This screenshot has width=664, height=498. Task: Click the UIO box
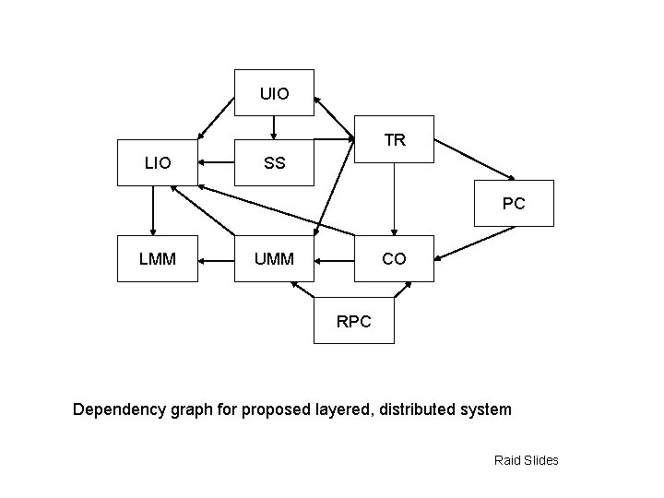pyautogui.click(x=274, y=92)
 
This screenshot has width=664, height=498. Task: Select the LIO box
pyautogui.click(x=158, y=163)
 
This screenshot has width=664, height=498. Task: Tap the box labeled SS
pyautogui.click(x=274, y=163)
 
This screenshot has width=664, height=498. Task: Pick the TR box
pyautogui.click(x=395, y=140)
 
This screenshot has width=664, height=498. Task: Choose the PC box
pyautogui.click(x=514, y=203)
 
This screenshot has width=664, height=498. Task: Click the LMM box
pyautogui.click(x=158, y=259)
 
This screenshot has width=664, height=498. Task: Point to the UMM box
pyautogui.click(x=274, y=259)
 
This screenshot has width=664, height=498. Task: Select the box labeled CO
pyautogui.click(x=394, y=259)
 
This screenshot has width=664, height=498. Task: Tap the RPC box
pyautogui.click(x=354, y=321)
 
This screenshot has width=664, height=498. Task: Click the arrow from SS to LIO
pyautogui.click(x=218, y=163)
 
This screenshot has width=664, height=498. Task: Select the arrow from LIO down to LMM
pyautogui.click(x=153, y=210)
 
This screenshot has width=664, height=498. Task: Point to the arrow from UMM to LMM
pyautogui.click(x=218, y=260)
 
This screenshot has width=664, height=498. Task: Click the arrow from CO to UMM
pyautogui.click(x=335, y=260)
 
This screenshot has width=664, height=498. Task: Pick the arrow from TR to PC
pyautogui.click(x=476, y=160)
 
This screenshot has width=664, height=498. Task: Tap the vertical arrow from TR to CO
pyautogui.click(x=394, y=199)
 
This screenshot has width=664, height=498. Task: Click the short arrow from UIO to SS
pyautogui.click(x=274, y=128)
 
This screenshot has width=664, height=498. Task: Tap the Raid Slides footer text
pyautogui.click(x=527, y=460)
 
